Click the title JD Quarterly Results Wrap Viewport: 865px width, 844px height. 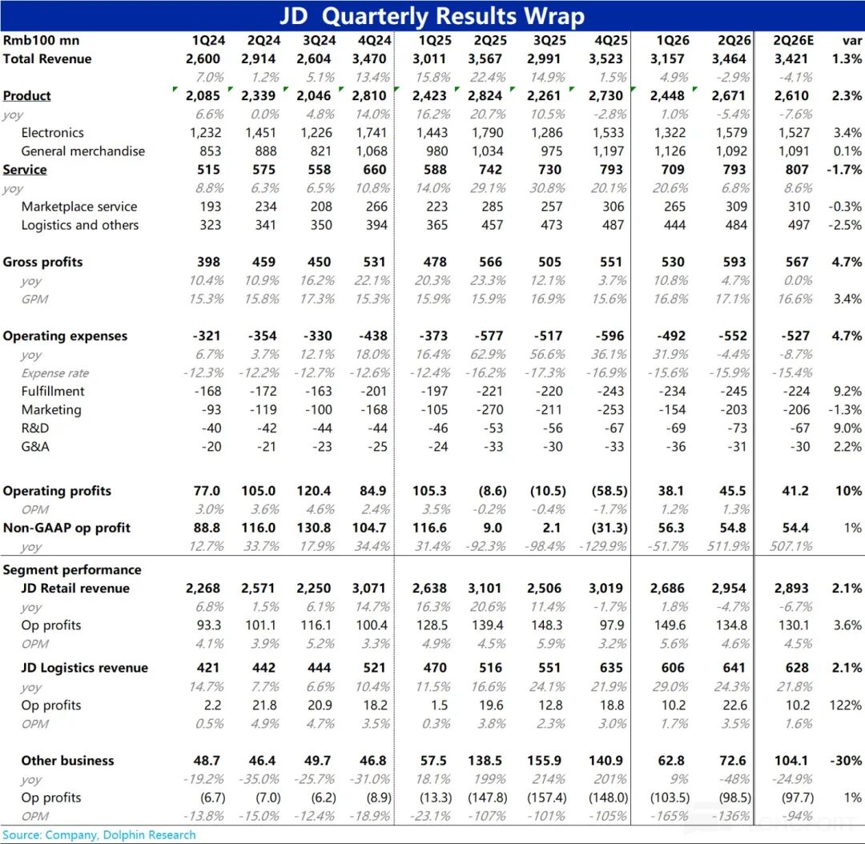pyautogui.click(x=432, y=15)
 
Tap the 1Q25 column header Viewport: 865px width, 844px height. pyautogui.click(x=435, y=40)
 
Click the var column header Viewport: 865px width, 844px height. pyautogui.click(x=851, y=40)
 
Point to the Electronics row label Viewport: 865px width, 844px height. pyautogui.click(x=52, y=132)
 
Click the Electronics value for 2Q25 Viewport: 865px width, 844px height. pyautogui.click(x=488, y=132)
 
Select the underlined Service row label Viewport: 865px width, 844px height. pyautogui.click(x=25, y=169)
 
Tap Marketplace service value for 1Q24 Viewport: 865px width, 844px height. pyautogui.click(x=210, y=207)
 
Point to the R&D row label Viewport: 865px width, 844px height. pyautogui.click(x=34, y=428)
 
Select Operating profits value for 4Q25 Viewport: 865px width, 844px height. pyautogui.click(x=609, y=490)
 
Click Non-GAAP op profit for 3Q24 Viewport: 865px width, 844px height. pyautogui.click(x=313, y=528)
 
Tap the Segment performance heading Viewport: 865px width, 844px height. pyautogui.click(x=72, y=569)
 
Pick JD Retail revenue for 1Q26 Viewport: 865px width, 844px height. pyautogui.click(x=667, y=588)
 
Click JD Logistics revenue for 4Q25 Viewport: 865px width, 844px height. pyautogui.click(x=610, y=668)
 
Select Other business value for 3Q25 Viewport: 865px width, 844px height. pyautogui.click(x=544, y=760)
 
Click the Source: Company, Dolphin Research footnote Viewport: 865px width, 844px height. pyautogui.click(x=99, y=834)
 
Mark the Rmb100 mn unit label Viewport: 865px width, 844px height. pyautogui.click(x=41, y=40)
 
